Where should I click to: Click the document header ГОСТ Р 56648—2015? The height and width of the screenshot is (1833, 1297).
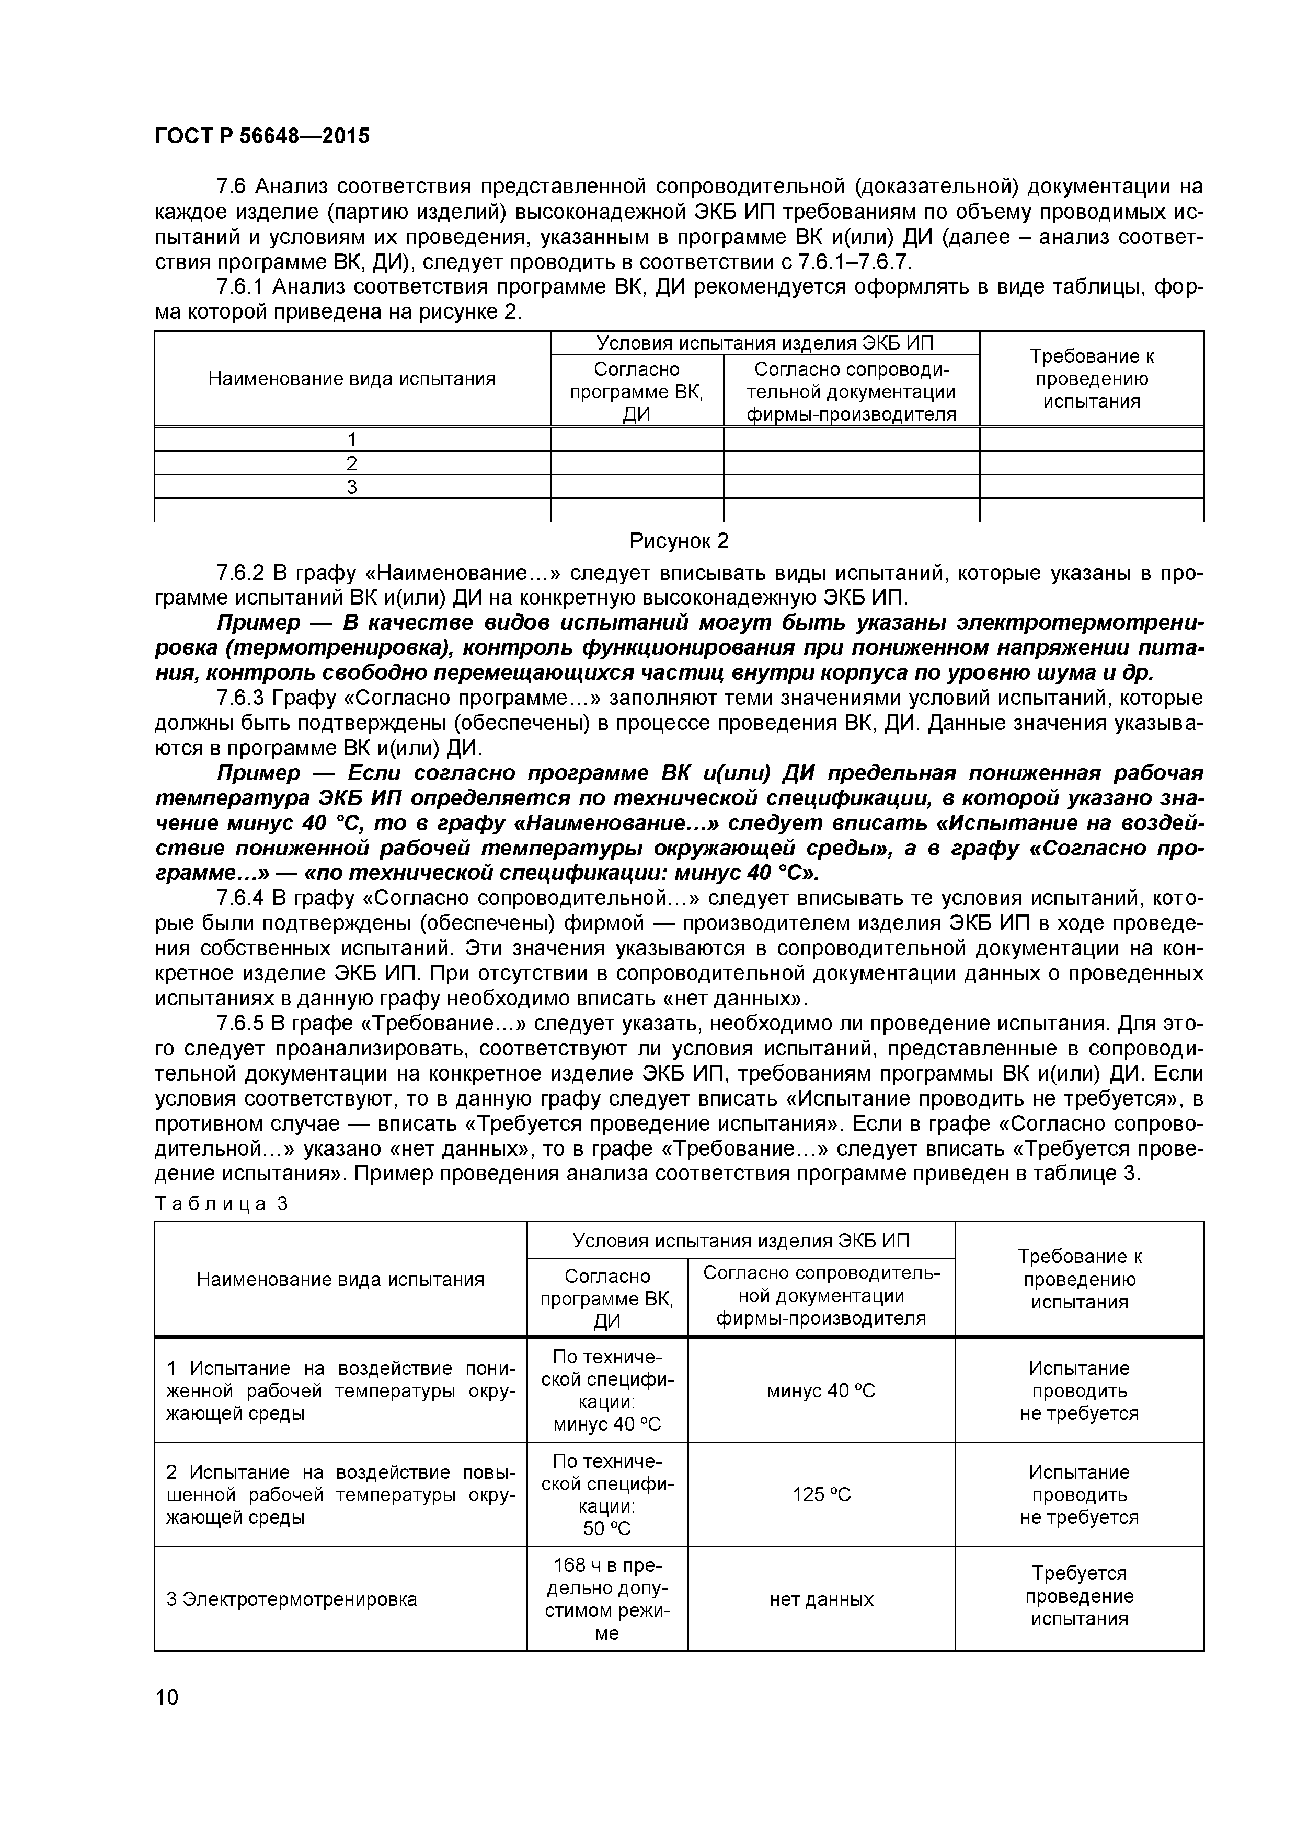(x=262, y=136)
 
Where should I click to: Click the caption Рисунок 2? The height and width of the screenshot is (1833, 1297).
(x=679, y=541)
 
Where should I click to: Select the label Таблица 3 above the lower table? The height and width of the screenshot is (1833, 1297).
(x=221, y=1204)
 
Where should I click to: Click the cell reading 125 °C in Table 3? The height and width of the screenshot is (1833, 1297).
(x=821, y=1494)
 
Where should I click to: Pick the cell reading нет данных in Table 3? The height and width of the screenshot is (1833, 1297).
(x=821, y=1599)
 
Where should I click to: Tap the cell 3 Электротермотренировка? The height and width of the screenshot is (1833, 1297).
(x=292, y=1599)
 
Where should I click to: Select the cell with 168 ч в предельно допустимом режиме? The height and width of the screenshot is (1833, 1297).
(x=607, y=1599)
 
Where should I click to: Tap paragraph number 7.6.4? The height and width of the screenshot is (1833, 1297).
(x=239, y=899)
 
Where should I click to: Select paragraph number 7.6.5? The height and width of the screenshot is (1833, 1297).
(x=239, y=1024)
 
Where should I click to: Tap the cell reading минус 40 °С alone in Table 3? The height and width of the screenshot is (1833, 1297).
(x=821, y=1391)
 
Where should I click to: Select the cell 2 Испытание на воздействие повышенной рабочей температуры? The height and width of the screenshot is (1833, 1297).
(x=340, y=1494)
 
